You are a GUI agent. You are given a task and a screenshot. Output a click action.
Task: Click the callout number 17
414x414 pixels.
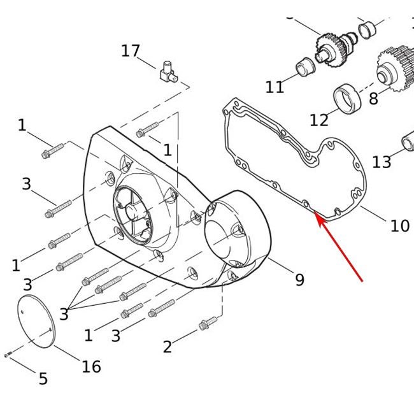pos(131,51)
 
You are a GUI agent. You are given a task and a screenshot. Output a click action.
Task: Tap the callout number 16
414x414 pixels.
pos(91,366)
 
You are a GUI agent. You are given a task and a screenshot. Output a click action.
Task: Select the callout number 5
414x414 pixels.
pos(43,378)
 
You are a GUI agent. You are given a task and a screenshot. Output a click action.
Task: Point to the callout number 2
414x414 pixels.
pos(168,346)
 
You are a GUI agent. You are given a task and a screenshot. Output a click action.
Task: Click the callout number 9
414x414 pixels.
pos(300,280)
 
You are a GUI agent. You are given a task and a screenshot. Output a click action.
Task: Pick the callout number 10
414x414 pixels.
pos(400,225)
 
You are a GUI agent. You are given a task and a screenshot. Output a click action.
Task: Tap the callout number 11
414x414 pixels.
pos(275,87)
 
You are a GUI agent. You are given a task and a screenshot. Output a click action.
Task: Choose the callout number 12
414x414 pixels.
pos(319,120)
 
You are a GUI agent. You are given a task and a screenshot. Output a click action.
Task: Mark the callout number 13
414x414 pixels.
pos(382,162)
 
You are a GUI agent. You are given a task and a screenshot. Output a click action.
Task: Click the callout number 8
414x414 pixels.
pos(373,99)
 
